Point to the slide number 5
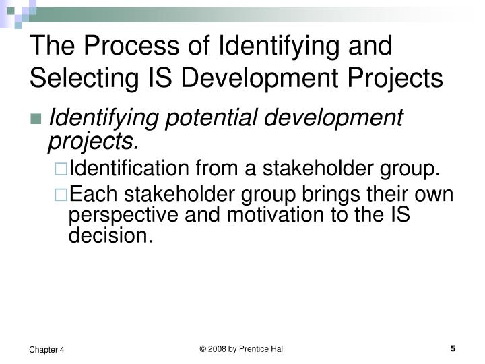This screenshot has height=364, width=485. coord(453,348)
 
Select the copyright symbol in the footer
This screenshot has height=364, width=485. coord(203,348)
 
